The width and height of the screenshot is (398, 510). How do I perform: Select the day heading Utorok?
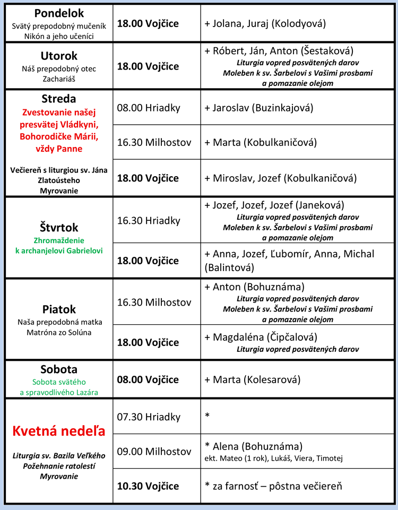pyautogui.click(x=59, y=56)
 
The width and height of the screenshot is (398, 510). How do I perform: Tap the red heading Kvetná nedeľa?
pyautogui.click(x=58, y=431)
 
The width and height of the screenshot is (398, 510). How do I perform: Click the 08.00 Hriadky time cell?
pyautogui.click(x=149, y=108)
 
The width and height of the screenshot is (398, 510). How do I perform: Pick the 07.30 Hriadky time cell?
pyautogui.click(x=149, y=417)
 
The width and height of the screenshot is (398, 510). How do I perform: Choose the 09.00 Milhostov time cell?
pyautogui.click(x=154, y=452)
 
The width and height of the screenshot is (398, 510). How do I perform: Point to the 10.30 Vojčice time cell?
pyautogui.click(x=148, y=486)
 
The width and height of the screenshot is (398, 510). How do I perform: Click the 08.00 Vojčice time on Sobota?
pyautogui.click(x=148, y=379)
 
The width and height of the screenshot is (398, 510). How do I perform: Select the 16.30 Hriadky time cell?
pyautogui.click(x=149, y=220)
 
